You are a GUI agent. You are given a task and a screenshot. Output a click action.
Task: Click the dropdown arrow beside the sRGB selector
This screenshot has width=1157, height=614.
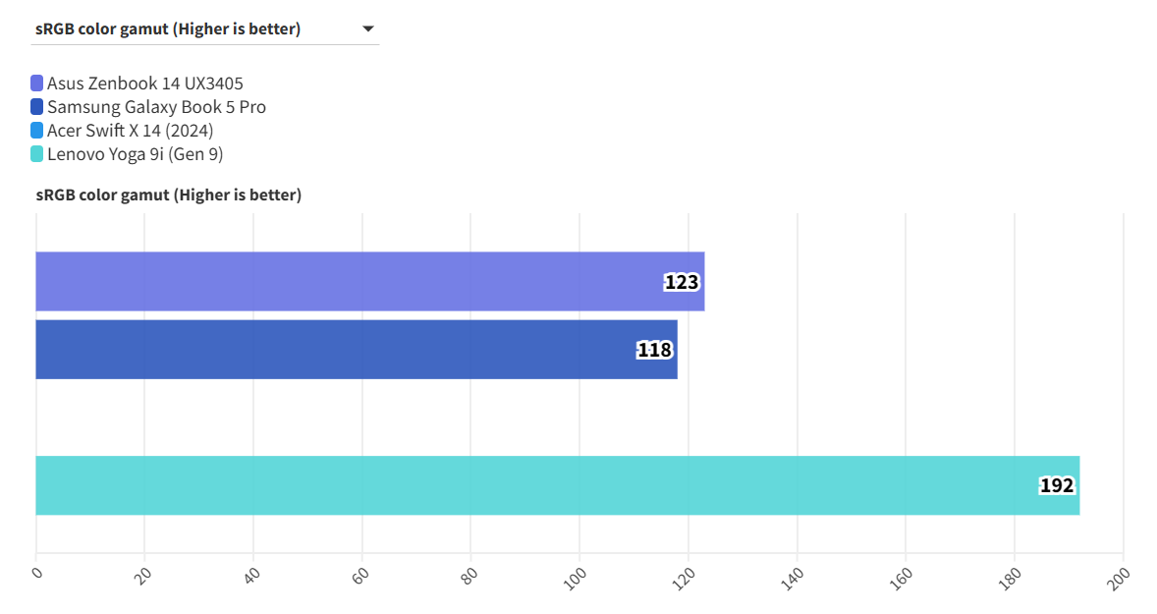tap(368, 29)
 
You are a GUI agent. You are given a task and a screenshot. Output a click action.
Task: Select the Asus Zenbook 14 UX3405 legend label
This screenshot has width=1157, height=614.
tap(144, 84)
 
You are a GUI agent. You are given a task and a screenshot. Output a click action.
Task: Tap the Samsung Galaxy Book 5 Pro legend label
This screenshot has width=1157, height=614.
tap(156, 107)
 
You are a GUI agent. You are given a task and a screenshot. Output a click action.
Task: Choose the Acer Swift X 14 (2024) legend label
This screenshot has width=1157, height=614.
tap(130, 131)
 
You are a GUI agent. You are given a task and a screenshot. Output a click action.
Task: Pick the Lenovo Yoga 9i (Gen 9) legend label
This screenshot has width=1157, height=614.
tap(135, 154)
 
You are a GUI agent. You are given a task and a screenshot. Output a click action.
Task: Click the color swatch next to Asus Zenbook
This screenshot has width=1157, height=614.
tap(37, 84)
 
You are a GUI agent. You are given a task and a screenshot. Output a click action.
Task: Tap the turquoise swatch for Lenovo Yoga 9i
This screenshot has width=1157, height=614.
tap(37, 154)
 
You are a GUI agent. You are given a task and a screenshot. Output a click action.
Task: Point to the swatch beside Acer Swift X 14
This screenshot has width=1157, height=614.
tap(37, 131)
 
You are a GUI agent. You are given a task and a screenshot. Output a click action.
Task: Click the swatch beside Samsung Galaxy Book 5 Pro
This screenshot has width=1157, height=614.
tap(37, 107)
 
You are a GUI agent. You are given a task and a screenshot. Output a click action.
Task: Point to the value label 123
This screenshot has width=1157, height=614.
tap(682, 283)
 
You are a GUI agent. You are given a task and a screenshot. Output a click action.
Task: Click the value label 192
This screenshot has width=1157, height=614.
tap(1057, 485)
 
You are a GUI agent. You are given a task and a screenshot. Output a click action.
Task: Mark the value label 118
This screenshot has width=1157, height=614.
tap(654, 350)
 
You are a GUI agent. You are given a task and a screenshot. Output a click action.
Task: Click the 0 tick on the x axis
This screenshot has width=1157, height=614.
tap(36, 574)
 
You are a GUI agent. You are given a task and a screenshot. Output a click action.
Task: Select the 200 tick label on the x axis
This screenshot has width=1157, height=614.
tap(1120, 577)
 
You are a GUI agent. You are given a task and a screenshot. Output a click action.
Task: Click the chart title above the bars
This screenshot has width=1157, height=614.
tap(169, 195)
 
